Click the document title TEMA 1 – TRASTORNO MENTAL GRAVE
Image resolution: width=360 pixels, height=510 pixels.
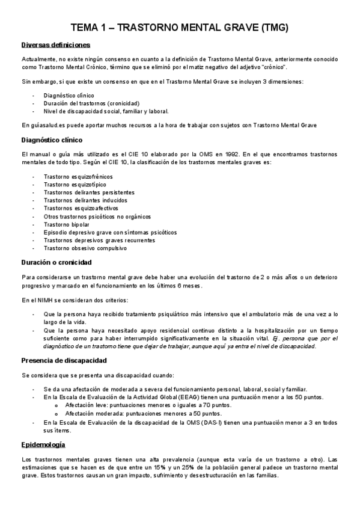[180, 27]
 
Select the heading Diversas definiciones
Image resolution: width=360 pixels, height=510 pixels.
[55, 45]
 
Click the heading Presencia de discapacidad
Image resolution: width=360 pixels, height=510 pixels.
[64, 360]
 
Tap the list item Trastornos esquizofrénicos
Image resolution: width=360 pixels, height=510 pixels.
[78, 176]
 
